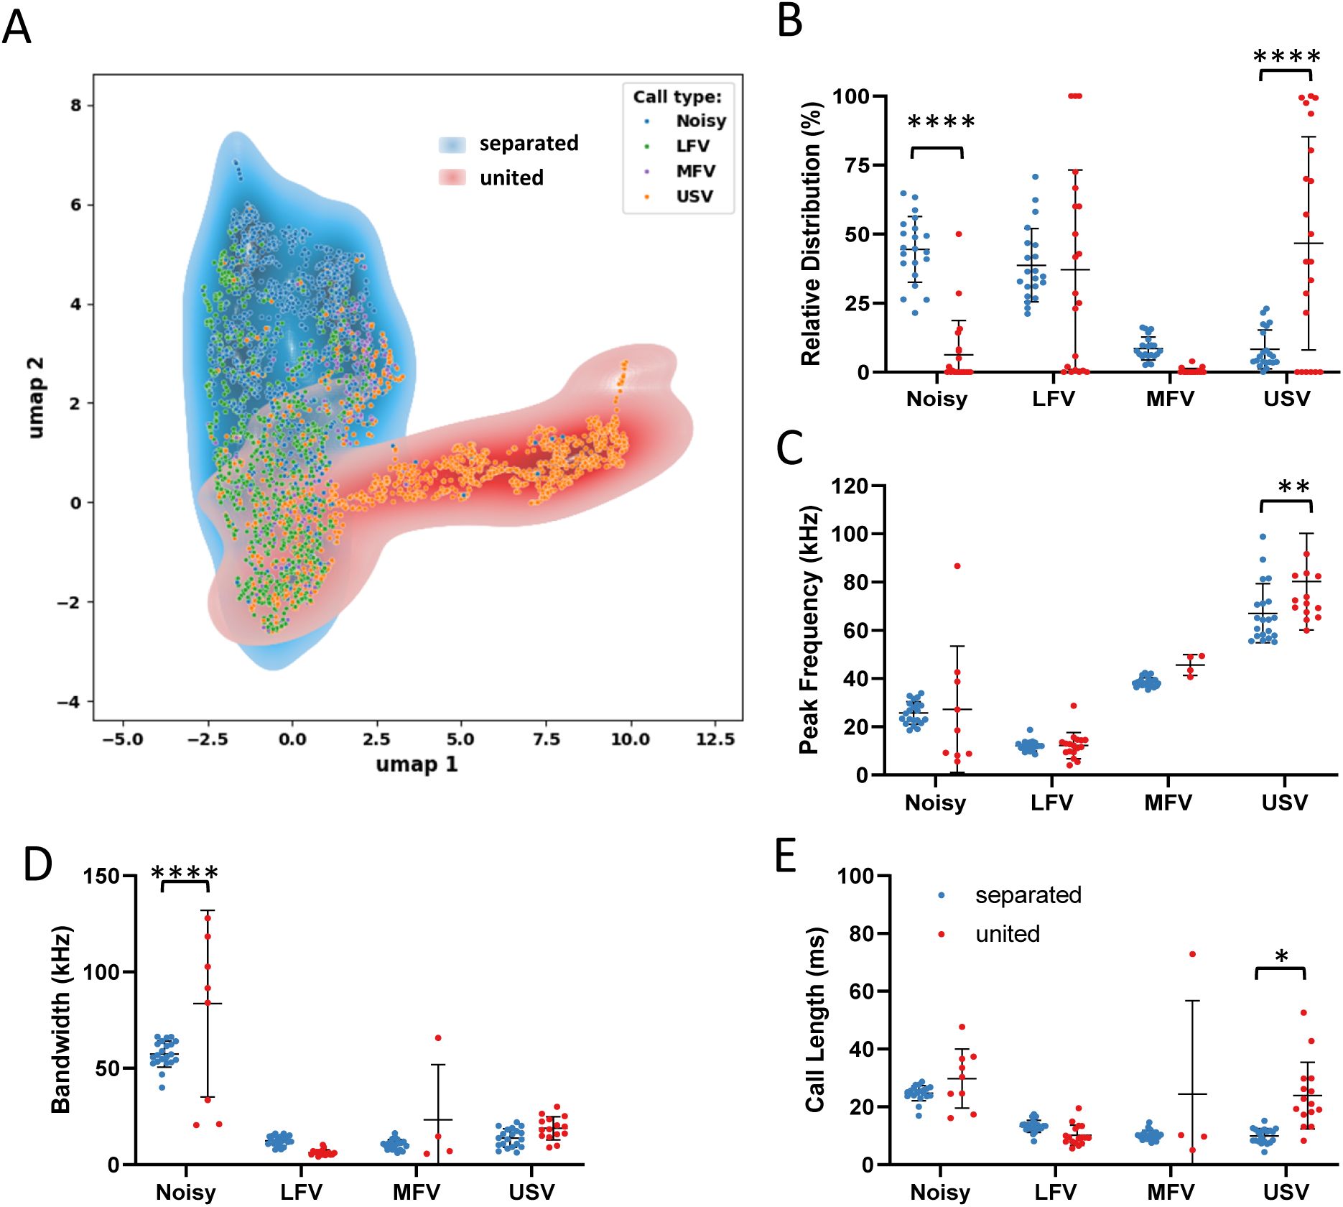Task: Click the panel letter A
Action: tap(17, 29)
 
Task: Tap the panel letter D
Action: tap(37, 864)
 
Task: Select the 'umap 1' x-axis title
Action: tap(417, 764)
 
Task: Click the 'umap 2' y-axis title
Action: tap(35, 397)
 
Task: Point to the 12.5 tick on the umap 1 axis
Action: tap(715, 739)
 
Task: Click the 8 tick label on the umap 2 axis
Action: tap(76, 106)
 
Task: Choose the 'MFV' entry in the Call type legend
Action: tap(695, 171)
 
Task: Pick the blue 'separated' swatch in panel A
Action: tap(452, 144)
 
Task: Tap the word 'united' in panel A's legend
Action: tap(511, 177)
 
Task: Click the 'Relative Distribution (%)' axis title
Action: tap(811, 233)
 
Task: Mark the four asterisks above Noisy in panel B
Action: tap(941, 122)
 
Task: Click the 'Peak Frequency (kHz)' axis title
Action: tap(809, 629)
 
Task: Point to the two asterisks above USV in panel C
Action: tap(1293, 488)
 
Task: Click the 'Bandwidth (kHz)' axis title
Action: tap(62, 1019)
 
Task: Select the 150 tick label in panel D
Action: tap(101, 876)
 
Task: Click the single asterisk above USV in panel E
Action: tap(1281, 957)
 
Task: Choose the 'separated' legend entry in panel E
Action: tap(1028, 895)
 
